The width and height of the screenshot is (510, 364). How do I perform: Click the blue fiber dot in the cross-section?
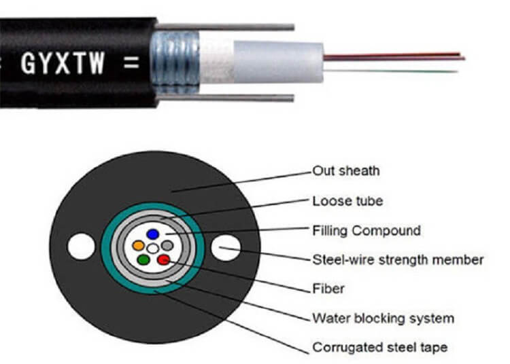[x=153, y=234]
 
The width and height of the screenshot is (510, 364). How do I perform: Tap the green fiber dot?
[x=143, y=259]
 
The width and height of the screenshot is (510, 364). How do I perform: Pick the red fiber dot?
[x=163, y=258]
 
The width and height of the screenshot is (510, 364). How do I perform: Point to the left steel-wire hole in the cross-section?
[x=81, y=247]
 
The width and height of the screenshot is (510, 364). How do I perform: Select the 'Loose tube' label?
[x=347, y=200]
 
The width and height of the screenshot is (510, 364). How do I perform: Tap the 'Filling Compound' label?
[x=366, y=230]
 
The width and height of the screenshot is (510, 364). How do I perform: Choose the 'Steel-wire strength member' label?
[x=398, y=259]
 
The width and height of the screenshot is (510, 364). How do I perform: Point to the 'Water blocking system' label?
[x=383, y=318]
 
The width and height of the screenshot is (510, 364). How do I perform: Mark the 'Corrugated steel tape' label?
[x=379, y=347]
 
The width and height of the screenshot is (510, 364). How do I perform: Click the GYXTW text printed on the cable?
[x=63, y=64]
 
